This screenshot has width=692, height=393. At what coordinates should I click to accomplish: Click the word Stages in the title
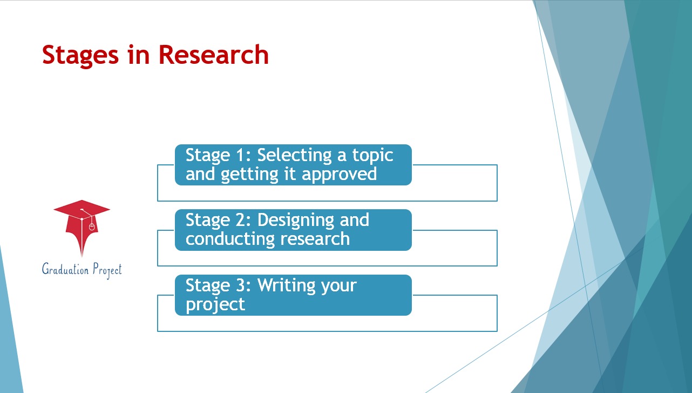(80, 56)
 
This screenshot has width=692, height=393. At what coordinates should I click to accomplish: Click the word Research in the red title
(213, 55)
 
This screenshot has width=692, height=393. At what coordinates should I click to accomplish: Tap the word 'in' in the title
(139, 55)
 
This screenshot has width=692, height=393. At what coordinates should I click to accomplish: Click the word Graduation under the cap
(65, 269)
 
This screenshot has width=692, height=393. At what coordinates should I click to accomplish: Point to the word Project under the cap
(107, 270)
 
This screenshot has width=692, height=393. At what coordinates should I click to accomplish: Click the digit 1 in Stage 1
(240, 155)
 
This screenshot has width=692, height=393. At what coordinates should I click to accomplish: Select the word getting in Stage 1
(249, 175)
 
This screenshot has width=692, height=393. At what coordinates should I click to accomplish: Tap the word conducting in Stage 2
(230, 239)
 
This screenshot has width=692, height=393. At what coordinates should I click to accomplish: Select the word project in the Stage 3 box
(215, 305)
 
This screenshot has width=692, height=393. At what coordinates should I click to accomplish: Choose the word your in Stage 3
(339, 287)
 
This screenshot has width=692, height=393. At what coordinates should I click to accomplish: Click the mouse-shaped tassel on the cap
(92, 227)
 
